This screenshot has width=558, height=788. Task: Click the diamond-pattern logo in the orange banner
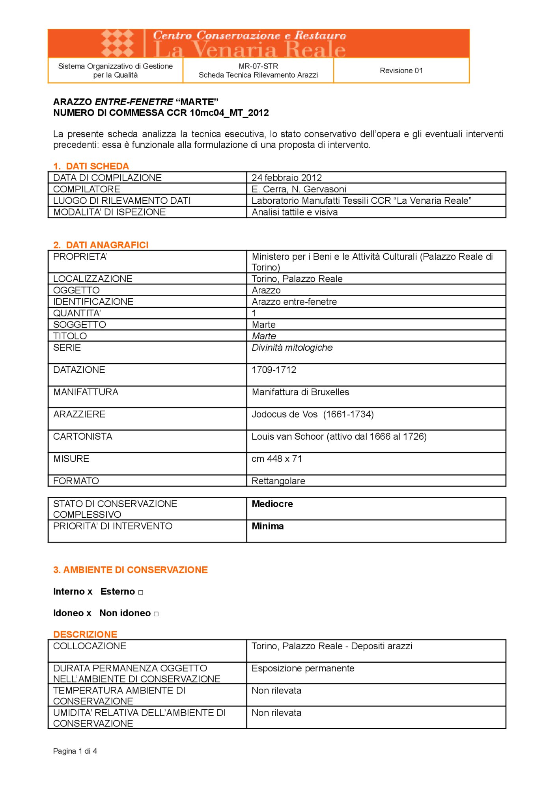(x=118, y=43)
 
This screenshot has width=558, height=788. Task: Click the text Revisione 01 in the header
(x=401, y=71)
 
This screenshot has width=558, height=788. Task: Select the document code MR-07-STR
(x=258, y=66)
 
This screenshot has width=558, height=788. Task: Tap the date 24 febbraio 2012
(x=287, y=178)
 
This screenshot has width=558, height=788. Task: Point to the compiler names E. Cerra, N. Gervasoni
(x=299, y=189)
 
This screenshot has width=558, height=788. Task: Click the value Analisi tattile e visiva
(x=295, y=212)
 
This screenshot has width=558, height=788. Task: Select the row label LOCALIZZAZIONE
(x=93, y=279)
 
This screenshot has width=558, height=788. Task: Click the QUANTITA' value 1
(x=254, y=313)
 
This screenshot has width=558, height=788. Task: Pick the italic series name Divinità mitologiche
(x=292, y=348)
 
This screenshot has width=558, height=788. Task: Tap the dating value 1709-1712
(x=274, y=370)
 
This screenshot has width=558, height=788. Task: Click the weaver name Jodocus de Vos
(x=285, y=414)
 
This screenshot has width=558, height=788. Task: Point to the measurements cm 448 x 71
(x=277, y=459)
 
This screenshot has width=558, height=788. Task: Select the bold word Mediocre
(x=272, y=504)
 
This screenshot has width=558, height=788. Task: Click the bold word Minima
(x=268, y=526)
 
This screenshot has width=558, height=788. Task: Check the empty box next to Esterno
(x=141, y=593)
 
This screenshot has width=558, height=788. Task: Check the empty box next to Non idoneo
(x=156, y=614)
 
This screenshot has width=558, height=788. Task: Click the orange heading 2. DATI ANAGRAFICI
(x=101, y=245)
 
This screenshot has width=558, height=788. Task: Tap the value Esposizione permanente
(x=303, y=669)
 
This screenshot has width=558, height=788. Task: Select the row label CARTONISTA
(x=83, y=437)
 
